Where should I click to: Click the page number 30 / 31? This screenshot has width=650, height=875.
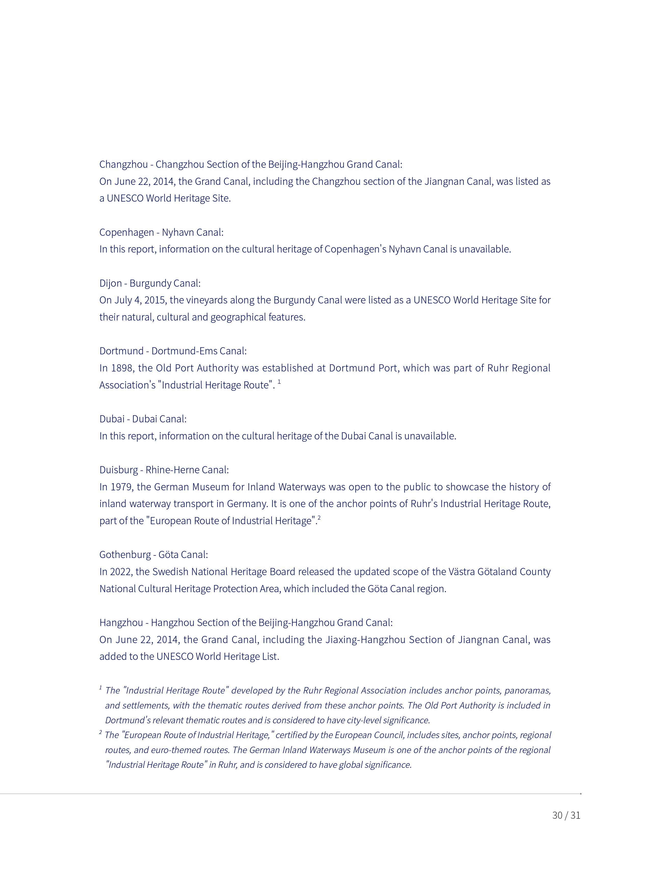566,815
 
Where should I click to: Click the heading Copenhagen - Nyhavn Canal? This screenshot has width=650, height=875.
161,232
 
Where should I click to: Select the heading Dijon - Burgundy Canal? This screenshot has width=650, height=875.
150,283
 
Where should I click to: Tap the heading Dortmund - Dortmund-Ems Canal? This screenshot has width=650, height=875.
173,351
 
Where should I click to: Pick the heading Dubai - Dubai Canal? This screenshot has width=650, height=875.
143,419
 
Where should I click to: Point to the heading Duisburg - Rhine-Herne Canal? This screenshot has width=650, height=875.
164,470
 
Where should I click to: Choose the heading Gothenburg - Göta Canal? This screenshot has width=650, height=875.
153,555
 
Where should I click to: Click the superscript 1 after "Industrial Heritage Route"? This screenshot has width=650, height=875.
279,381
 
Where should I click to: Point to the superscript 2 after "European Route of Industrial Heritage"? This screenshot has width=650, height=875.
319,518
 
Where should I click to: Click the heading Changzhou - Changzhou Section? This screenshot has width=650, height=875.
251,164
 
